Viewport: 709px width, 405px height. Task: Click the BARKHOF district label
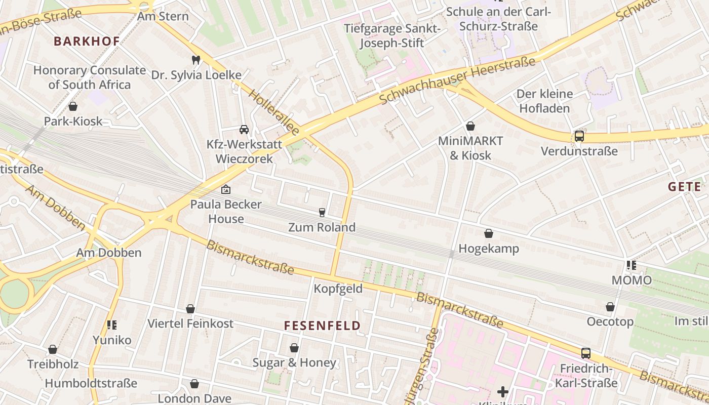(x=87, y=42)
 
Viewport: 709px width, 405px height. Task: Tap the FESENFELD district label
(x=323, y=326)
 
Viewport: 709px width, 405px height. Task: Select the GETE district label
(x=685, y=187)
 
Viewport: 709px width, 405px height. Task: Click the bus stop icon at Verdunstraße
(x=579, y=136)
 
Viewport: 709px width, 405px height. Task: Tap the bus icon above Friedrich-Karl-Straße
(x=585, y=353)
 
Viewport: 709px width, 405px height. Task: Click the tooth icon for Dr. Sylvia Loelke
(x=196, y=60)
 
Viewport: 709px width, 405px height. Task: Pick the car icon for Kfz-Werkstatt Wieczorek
(x=244, y=130)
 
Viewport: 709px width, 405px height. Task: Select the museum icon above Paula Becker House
(x=226, y=190)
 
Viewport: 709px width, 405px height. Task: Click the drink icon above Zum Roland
(x=322, y=212)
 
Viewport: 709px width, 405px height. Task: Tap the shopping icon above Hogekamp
(x=489, y=233)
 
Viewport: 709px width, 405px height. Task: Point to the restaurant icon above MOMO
(x=631, y=265)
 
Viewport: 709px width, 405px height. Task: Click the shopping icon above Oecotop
(x=610, y=307)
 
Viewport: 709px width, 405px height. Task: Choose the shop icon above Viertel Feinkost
(x=190, y=308)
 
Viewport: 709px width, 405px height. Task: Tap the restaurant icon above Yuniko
(x=112, y=325)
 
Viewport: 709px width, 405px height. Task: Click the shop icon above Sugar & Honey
(x=294, y=348)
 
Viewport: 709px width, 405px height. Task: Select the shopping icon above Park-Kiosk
(x=73, y=106)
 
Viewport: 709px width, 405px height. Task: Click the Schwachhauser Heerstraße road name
(x=457, y=81)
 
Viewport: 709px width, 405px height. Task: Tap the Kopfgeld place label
(x=338, y=289)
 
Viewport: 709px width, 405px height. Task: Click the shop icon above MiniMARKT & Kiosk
(x=470, y=126)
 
